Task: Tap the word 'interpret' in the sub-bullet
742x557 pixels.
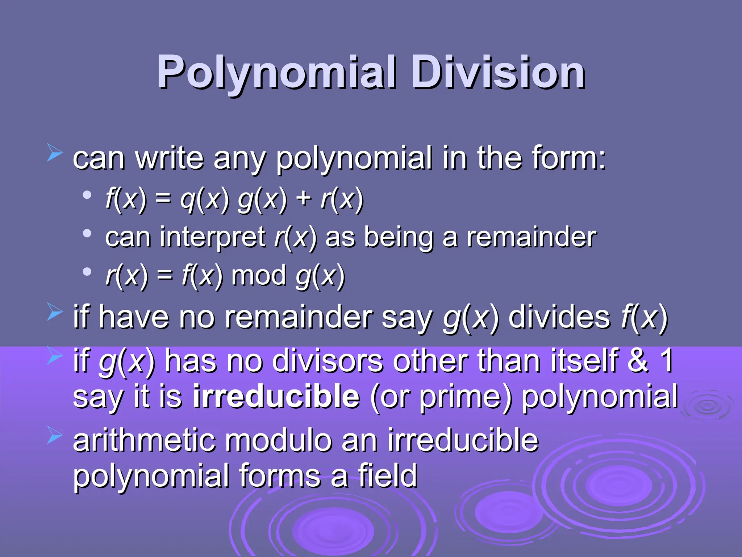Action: (213, 238)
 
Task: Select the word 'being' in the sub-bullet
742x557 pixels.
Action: (399, 238)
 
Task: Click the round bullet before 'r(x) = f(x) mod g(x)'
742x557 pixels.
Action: (87, 271)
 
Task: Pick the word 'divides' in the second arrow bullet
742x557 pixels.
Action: (559, 317)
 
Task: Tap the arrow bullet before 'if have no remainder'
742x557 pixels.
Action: (55, 312)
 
